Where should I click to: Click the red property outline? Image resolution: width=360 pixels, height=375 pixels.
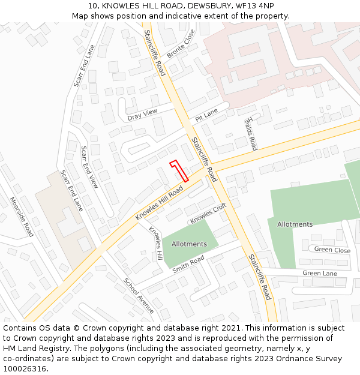coord(179,170)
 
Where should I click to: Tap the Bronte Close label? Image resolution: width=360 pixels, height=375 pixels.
coord(181,44)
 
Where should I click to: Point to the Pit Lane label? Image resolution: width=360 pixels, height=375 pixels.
coord(206,115)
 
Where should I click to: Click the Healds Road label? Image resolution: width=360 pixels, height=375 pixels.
coord(250,133)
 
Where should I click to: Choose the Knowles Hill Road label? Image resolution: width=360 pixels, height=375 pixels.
coord(159,202)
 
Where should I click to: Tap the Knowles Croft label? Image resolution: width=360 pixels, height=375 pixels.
coord(208,214)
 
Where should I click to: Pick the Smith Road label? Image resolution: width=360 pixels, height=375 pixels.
coord(188,264)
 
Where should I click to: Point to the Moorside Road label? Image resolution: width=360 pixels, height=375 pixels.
coord(22,216)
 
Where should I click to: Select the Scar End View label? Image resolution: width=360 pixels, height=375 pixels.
coord(89,167)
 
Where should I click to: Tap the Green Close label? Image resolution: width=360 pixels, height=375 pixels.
coord(332,250)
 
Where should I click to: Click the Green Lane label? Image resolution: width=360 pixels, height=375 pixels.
coord(320,274)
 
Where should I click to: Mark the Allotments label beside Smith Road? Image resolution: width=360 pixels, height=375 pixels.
coord(189,244)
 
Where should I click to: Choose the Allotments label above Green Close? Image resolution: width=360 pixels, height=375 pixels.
coord(295,224)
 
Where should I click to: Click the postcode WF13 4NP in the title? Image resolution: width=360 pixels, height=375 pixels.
coord(254,5)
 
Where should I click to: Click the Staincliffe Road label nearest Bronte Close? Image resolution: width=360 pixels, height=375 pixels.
coord(155,53)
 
